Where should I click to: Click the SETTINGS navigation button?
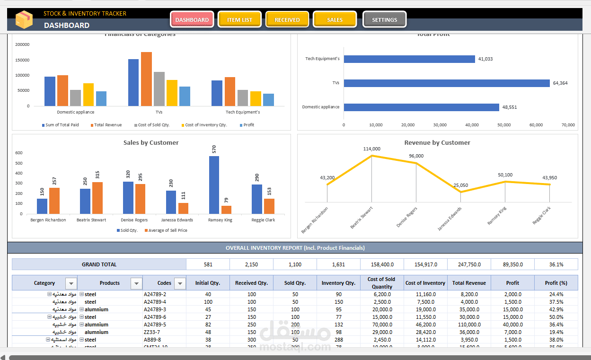pyautogui.click(x=384, y=20)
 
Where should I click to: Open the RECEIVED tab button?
pyautogui.click(x=287, y=20)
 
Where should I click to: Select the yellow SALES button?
pyautogui.click(x=335, y=20)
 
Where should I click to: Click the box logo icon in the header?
pyautogui.click(x=24, y=19)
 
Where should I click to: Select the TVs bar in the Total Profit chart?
pyautogui.click(x=446, y=83)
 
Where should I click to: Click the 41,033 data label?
pyautogui.click(x=485, y=59)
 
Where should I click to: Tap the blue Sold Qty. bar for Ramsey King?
pyautogui.click(x=214, y=185)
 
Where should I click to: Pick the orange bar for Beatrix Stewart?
pyautogui.click(x=97, y=198)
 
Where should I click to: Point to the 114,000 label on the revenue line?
pyautogui.click(x=372, y=149)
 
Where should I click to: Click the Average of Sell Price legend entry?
pyautogui.click(x=168, y=230)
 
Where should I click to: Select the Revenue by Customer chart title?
pyautogui.click(x=437, y=142)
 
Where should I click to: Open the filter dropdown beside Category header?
pyautogui.click(x=71, y=283)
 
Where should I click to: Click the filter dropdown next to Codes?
pyautogui.click(x=180, y=283)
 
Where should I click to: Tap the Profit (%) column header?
pyautogui.click(x=556, y=283)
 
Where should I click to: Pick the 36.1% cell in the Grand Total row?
pyautogui.click(x=556, y=264)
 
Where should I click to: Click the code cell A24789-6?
pyautogui.click(x=155, y=317)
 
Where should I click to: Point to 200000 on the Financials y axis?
pyautogui.click(x=22, y=44)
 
